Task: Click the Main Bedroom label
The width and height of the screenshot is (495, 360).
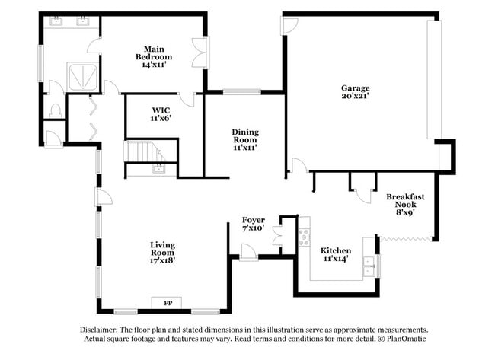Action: click(153, 56)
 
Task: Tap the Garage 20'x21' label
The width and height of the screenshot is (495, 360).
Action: click(355, 92)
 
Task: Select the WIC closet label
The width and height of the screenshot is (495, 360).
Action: click(161, 114)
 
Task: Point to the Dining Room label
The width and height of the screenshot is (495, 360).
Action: click(245, 140)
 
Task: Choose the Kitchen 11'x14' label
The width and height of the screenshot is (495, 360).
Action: click(335, 255)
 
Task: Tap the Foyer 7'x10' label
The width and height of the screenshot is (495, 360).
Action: click(253, 224)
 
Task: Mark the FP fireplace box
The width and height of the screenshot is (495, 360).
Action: click(168, 303)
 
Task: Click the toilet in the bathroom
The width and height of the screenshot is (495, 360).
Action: click(54, 111)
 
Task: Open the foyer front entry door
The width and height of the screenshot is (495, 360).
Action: click(248, 250)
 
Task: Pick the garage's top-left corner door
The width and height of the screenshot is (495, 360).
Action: click(289, 25)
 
